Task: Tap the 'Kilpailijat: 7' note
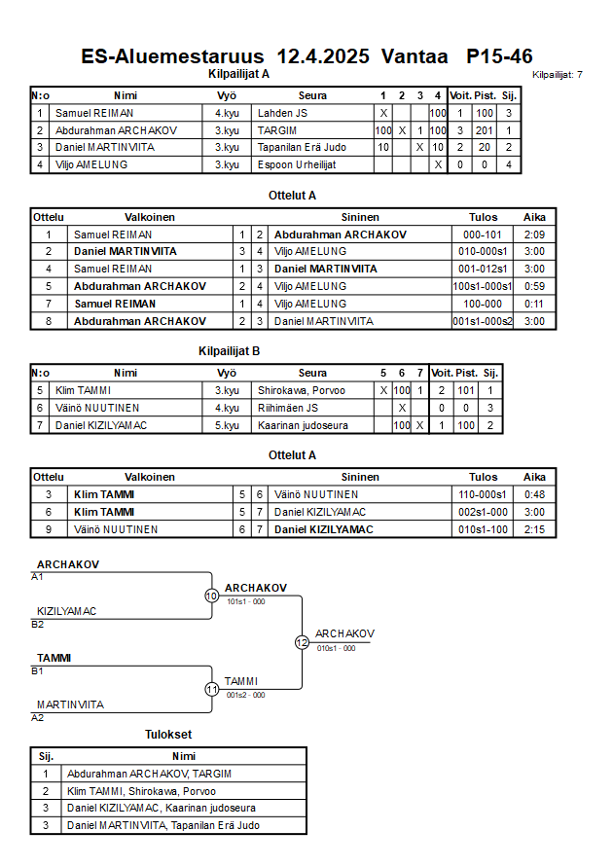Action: pyautogui.click(x=558, y=74)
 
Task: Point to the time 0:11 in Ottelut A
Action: pyautogui.click(x=534, y=304)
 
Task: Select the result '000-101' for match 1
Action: pyautogui.click(x=483, y=235)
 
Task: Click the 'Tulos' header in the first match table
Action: pyautogui.click(x=483, y=217)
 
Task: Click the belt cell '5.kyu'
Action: pyautogui.click(x=227, y=425)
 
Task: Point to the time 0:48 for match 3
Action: pyautogui.click(x=534, y=494)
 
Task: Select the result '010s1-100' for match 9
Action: pyautogui.click(x=483, y=529)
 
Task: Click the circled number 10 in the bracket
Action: pyautogui.click(x=211, y=596)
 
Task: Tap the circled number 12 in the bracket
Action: pyautogui.click(x=302, y=642)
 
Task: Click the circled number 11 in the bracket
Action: pyautogui.click(x=211, y=689)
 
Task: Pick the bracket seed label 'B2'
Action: pyautogui.click(x=37, y=624)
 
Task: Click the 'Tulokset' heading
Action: pyautogui.click(x=169, y=734)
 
